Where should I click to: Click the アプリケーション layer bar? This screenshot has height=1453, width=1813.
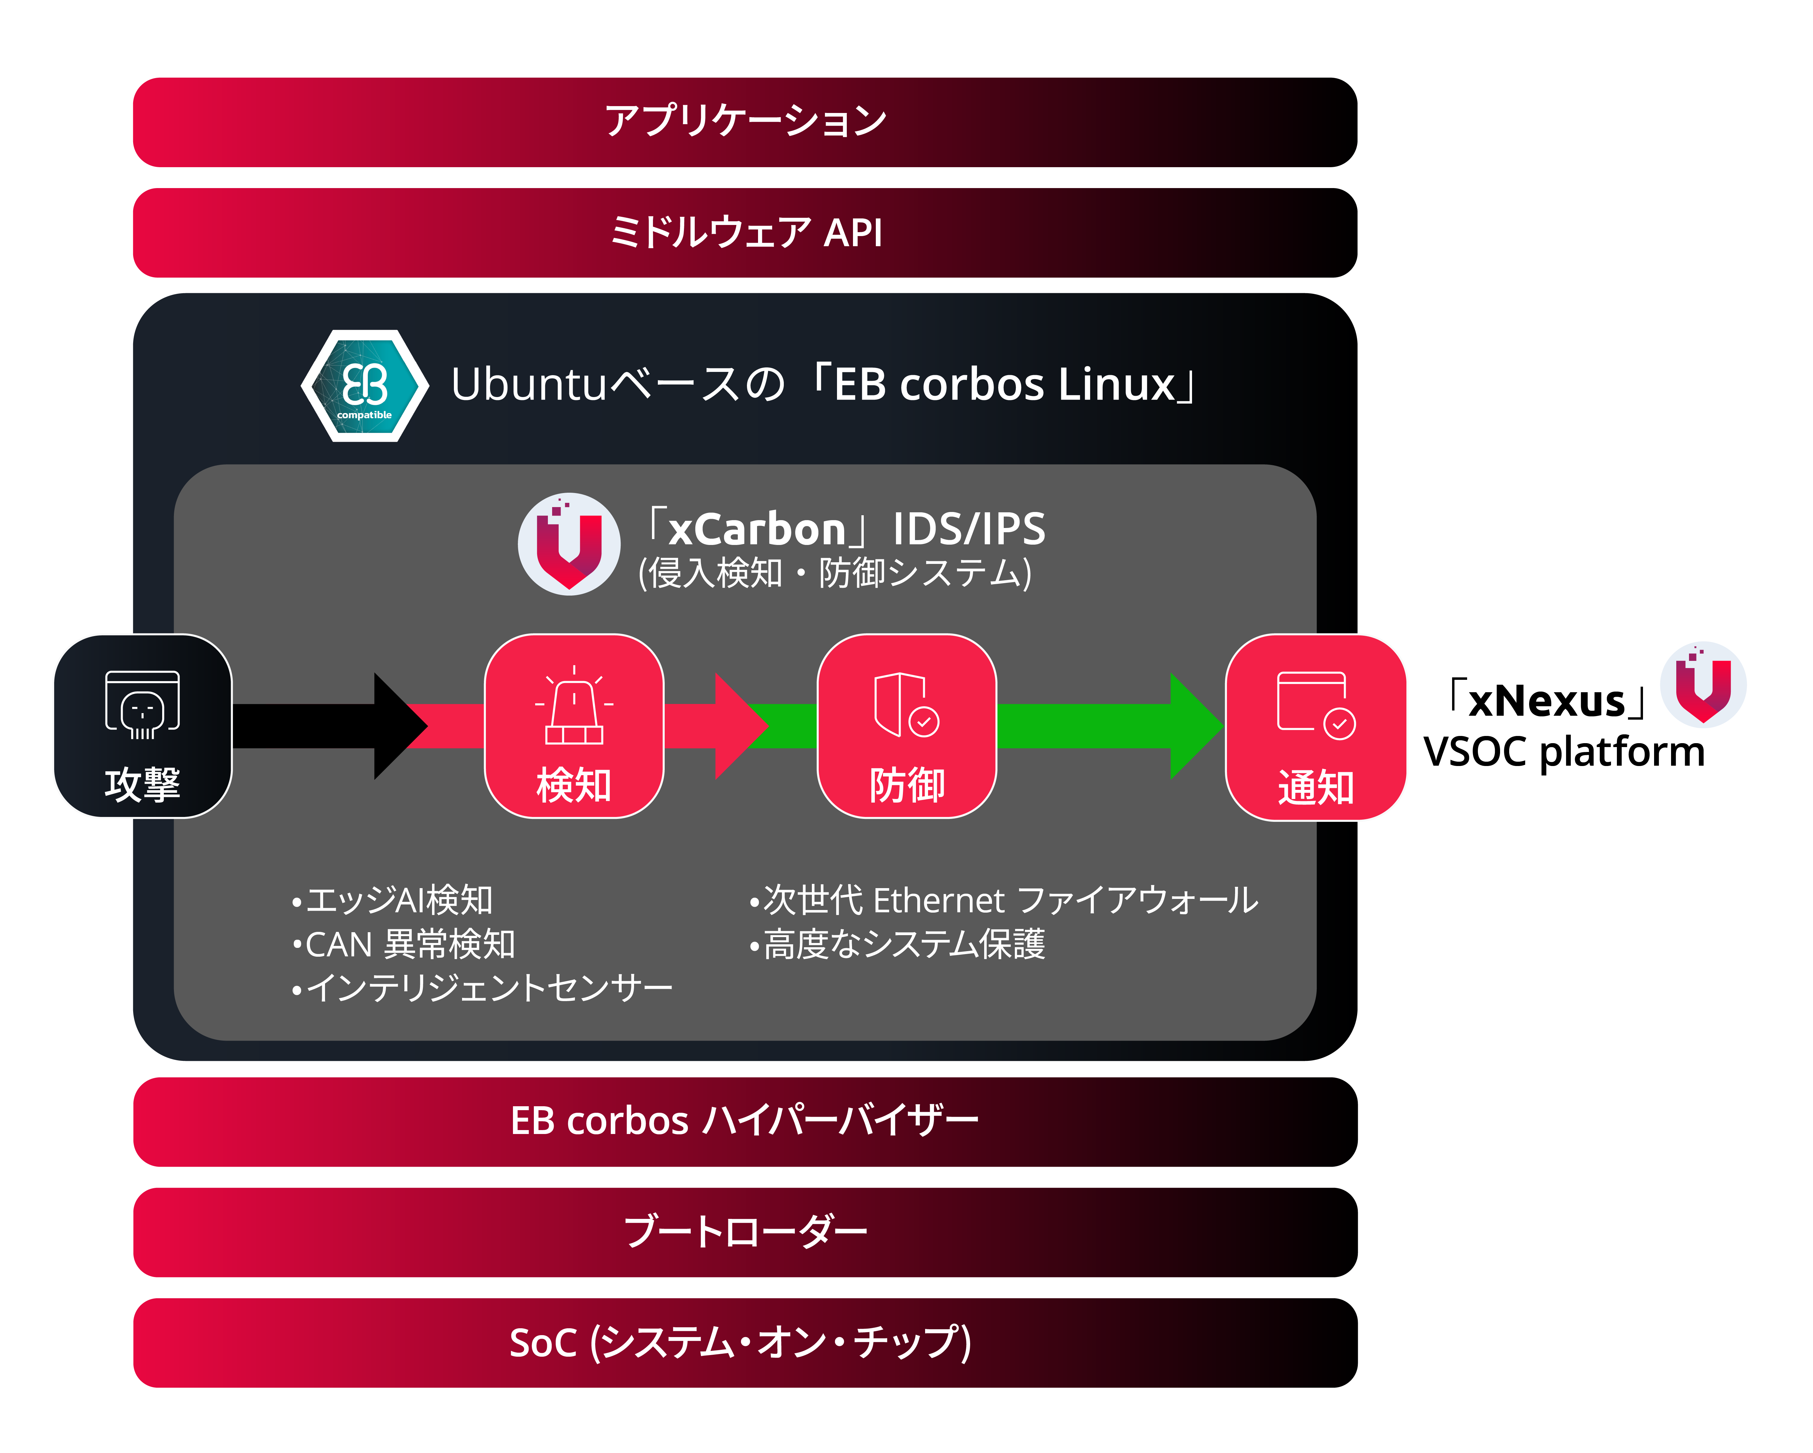point(745,122)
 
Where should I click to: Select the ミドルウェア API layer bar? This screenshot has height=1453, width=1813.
point(745,233)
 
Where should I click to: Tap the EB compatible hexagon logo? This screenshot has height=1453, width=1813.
point(365,386)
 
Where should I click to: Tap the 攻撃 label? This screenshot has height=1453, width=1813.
point(142,784)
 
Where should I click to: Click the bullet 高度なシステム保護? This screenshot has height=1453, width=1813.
point(898,944)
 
